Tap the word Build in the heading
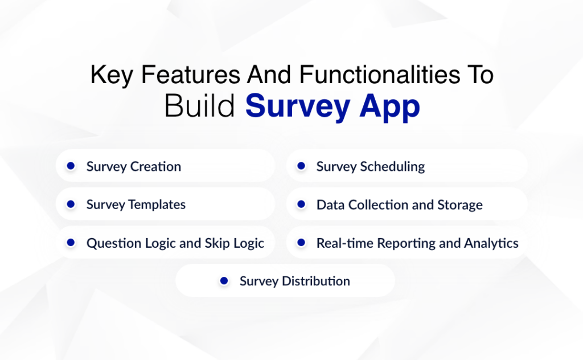pyautogui.click(x=199, y=107)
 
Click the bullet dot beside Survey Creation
pyautogui.click(x=71, y=166)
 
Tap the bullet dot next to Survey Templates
pyautogui.click(x=71, y=204)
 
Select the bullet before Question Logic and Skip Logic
pyautogui.click(x=71, y=243)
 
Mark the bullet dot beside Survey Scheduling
pyautogui.click(x=301, y=166)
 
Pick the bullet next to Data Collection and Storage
pyautogui.click(x=301, y=204)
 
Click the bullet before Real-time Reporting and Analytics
pyautogui.click(x=301, y=243)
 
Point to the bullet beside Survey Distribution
pyautogui.click(x=224, y=281)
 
